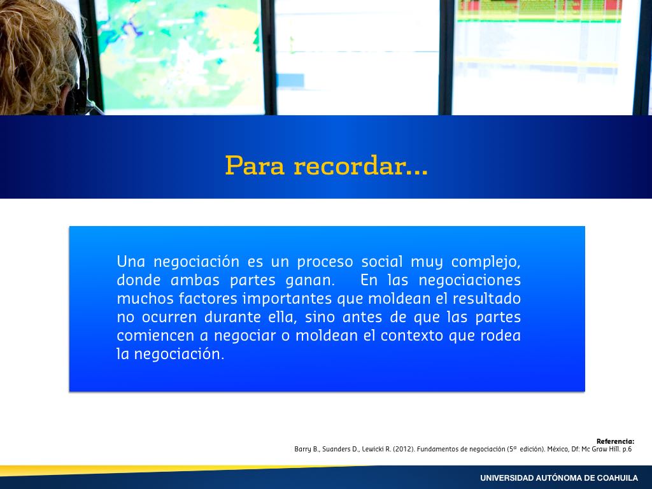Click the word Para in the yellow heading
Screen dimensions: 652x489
click(x=255, y=166)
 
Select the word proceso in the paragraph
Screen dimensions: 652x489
click(x=325, y=262)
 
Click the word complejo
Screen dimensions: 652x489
click(x=486, y=262)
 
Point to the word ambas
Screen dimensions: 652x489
click(x=195, y=280)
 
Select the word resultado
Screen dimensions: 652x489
click(x=486, y=299)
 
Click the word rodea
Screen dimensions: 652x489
click(x=500, y=336)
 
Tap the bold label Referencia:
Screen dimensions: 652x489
click(x=616, y=441)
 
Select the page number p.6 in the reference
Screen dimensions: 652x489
click(x=627, y=449)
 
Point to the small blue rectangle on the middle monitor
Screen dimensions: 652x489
click(x=290, y=80)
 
